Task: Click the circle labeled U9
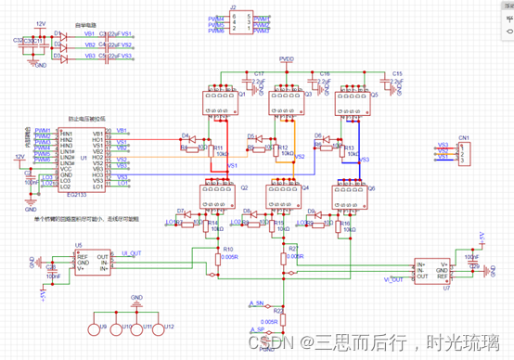(x=93, y=328)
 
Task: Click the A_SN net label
(x=256, y=304)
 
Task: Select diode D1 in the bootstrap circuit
(x=58, y=34)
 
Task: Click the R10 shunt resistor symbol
(x=216, y=261)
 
